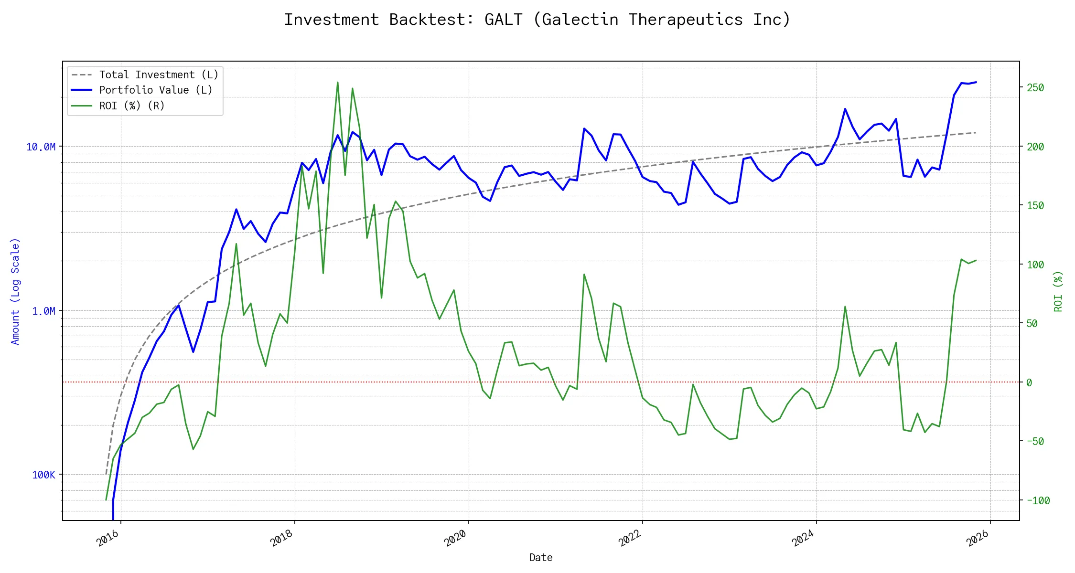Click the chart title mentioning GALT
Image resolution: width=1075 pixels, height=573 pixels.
tap(537, 20)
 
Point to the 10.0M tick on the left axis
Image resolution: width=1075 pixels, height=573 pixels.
tap(41, 147)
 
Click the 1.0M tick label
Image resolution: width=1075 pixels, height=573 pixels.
tap(43, 311)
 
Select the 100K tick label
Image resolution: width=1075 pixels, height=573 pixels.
tap(43, 475)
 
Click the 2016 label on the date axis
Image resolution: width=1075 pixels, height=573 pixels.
tap(108, 538)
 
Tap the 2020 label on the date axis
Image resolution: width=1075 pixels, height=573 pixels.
tap(455, 538)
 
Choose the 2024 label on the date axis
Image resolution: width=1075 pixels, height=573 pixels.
tap(803, 538)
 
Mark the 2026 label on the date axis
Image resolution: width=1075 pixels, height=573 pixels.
tap(978, 538)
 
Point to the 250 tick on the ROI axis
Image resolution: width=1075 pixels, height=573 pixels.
tap(1035, 88)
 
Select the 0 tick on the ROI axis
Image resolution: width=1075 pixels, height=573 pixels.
tap(1029, 382)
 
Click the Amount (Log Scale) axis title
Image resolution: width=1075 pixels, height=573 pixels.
tap(15, 291)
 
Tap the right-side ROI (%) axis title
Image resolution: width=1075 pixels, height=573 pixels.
tap(1058, 291)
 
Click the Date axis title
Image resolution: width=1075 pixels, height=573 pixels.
tap(541, 558)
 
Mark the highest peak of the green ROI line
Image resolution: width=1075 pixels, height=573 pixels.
tap(338, 83)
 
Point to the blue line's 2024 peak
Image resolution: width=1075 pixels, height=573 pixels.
tap(845, 109)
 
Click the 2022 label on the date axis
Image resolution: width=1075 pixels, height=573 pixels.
tap(630, 538)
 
